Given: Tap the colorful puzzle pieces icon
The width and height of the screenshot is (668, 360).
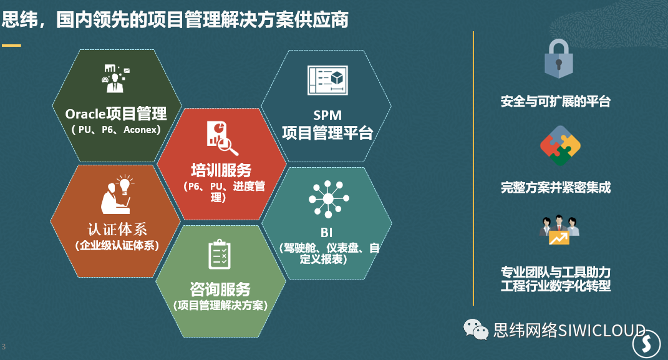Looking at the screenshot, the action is (x=560, y=146).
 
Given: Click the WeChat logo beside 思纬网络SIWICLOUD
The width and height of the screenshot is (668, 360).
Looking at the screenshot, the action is (x=475, y=329).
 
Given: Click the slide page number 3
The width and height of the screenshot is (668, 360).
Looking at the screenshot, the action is (x=4, y=347).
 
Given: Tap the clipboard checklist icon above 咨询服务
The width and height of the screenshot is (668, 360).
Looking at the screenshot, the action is (x=220, y=255).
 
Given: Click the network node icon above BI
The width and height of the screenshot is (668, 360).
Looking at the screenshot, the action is (x=329, y=198).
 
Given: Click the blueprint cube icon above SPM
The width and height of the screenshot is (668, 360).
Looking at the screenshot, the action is (x=327, y=80).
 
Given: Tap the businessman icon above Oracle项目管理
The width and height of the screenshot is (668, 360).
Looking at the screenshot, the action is (x=115, y=79).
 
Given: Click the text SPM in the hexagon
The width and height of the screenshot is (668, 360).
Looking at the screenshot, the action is (x=327, y=115).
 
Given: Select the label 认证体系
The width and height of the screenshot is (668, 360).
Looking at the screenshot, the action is (x=117, y=229).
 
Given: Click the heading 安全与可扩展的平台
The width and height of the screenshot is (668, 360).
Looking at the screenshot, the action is (x=556, y=102).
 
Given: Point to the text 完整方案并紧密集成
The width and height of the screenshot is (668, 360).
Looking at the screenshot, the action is (x=556, y=187).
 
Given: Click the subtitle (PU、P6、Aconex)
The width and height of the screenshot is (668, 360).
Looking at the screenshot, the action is (x=116, y=130).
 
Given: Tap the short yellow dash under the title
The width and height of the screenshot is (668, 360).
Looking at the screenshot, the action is (x=11, y=45).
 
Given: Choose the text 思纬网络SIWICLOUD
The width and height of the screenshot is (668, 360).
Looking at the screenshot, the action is (x=569, y=330).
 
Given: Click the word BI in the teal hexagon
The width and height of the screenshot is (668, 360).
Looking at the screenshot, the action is (x=326, y=233).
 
